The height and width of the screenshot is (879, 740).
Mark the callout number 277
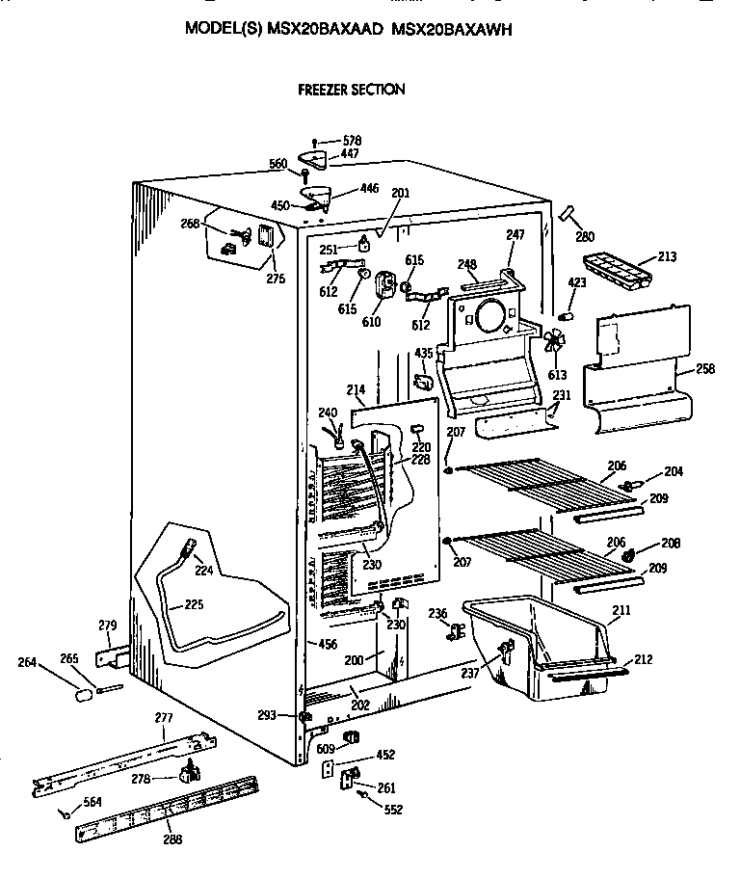point(164,718)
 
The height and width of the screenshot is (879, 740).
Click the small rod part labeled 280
point(566,214)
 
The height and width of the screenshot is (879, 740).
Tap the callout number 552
point(393,811)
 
